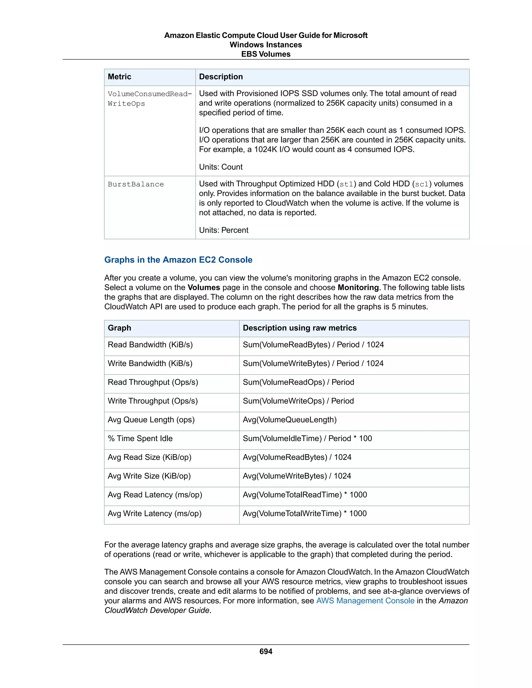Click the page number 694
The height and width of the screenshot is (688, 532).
point(266,651)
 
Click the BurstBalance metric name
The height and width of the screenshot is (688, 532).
point(136,184)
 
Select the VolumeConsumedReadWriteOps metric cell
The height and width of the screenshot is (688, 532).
point(149,99)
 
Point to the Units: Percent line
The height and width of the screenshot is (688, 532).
point(223,230)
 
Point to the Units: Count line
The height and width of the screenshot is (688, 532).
point(221,167)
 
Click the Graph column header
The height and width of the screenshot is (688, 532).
point(119,328)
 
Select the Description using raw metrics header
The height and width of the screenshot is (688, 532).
point(300,328)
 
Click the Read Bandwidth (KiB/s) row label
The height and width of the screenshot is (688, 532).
point(150,344)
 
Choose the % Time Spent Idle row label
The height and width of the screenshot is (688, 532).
point(140,438)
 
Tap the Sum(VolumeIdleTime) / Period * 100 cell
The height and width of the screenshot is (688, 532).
point(307,438)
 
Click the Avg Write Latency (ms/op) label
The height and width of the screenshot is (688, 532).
point(155,513)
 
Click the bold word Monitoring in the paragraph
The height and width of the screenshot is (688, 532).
point(358,287)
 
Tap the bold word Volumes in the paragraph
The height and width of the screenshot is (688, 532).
point(204,287)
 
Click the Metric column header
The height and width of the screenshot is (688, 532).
point(119,77)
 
